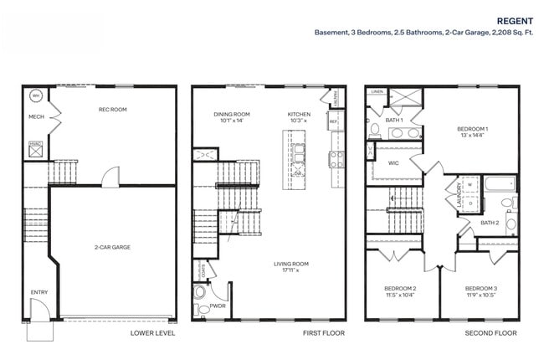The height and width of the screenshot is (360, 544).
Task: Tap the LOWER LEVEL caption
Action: pos(152,333)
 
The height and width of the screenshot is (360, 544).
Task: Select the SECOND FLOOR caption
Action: pos(490,333)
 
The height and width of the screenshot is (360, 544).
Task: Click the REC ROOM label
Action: pos(112,109)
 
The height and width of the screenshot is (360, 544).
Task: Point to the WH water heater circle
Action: pos(36,95)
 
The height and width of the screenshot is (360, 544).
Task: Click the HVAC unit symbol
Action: pos(36,147)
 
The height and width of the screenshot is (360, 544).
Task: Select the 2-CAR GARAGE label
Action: pos(112,247)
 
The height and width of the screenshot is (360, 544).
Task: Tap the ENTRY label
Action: pos(38,292)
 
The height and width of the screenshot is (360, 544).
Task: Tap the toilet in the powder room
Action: pos(199,294)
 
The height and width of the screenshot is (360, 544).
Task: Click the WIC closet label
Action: pos(393,163)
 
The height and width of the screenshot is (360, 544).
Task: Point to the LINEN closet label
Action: pos(377,90)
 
